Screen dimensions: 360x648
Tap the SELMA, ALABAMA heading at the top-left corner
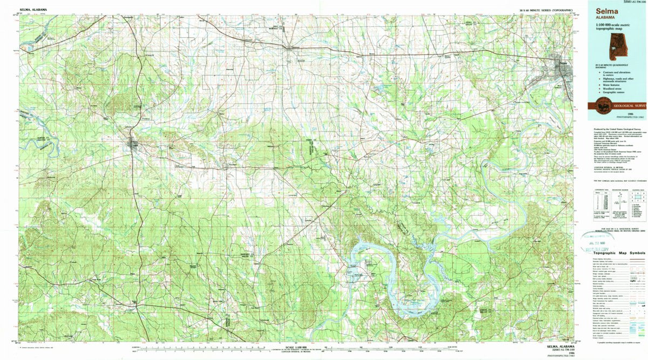pyautogui.click(x=33, y=10)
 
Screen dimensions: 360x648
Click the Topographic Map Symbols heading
pyautogui.click(x=619, y=253)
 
